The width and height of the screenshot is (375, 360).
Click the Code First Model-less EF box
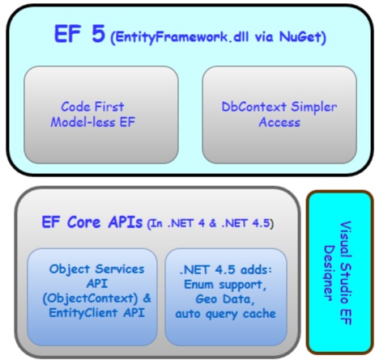(x=100, y=114)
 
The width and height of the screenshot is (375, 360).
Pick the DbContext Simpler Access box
(x=279, y=114)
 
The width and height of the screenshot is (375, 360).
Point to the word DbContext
(x=252, y=106)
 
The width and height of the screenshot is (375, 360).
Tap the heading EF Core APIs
(x=92, y=222)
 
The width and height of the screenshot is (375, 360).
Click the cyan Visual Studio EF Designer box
(x=339, y=272)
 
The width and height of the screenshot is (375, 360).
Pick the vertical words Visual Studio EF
(x=347, y=272)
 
